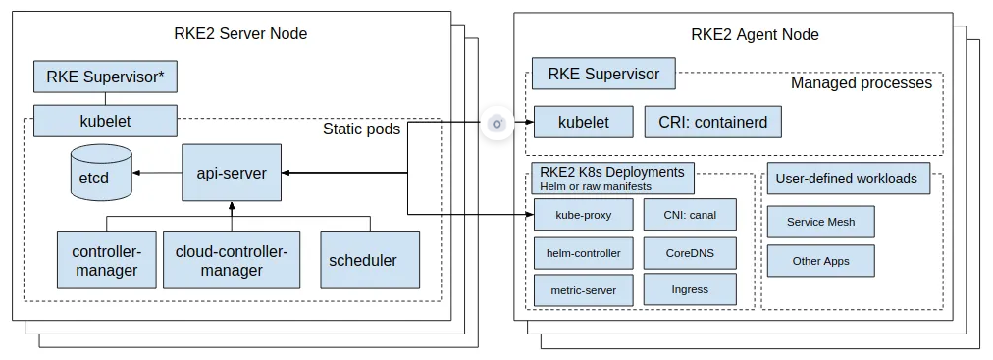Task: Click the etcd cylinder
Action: (x=101, y=172)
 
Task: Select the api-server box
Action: (x=232, y=173)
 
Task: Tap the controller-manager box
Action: (x=106, y=260)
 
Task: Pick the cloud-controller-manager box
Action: (x=232, y=260)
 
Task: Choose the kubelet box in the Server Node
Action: (x=105, y=121)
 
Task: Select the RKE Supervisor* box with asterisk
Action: (x=105, y=77)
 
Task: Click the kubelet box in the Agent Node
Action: (x=583, y=122)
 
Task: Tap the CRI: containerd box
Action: (x=713, y=122)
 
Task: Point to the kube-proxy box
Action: (x=583, y=215)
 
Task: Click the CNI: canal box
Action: (x=690, y=215)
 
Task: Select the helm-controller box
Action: (x=583, y=253)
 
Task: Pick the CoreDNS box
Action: (x=690, y=253)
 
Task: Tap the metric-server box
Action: (x=583, y=290)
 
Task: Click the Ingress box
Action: (x=690, y=289)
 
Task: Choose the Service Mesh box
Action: (x=820, y=222)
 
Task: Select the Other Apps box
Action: (x=820, y=261)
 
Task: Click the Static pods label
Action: (x=362, y=129)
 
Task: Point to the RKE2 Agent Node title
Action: (x=755, y=34)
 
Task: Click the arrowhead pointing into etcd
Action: (x=136, y=173)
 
